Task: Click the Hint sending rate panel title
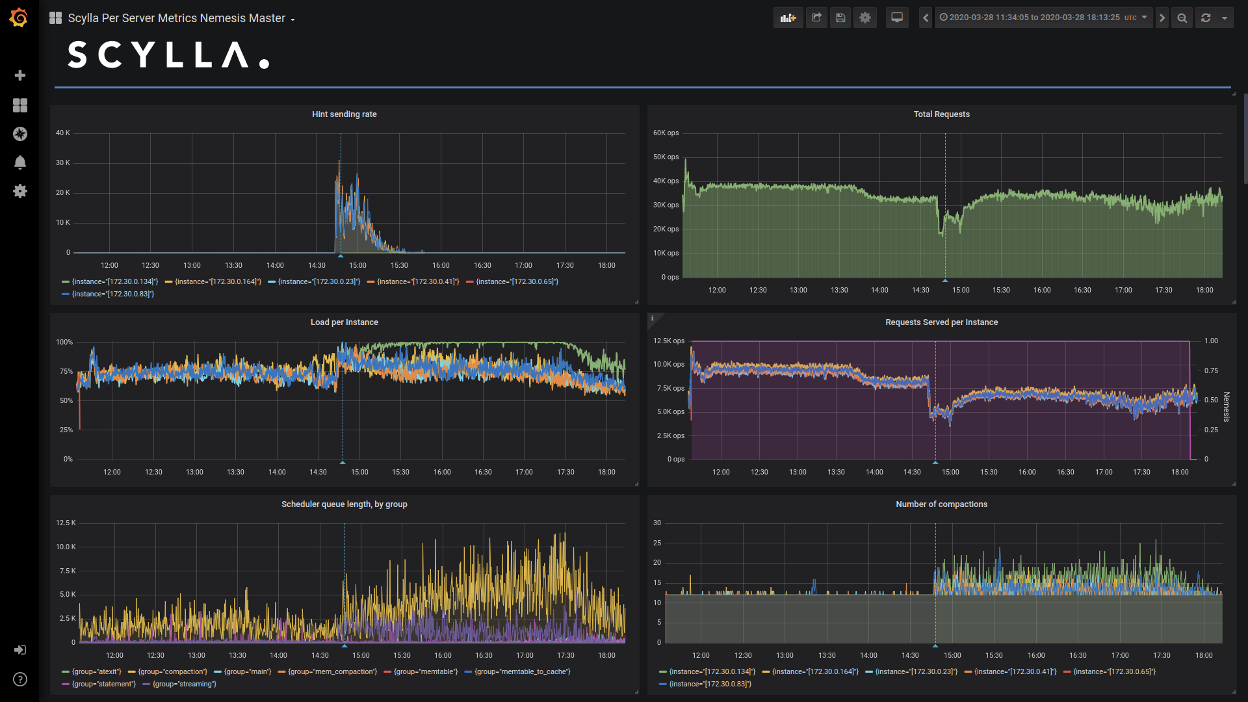coord(344,114)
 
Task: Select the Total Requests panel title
coord(941,114)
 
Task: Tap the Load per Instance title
coord(344,322)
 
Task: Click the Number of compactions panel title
coord(941,504)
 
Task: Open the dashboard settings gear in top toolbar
coord(865,18)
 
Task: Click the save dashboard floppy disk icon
coord(840,18)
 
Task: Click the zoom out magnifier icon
coord(1182,18)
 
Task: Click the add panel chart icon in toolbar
coord(788,18)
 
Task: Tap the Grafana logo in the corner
coord(19,18)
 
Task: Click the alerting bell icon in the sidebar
coord(20,162)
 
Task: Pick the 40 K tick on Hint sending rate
coord(63,133)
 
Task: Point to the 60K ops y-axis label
coord(666,133)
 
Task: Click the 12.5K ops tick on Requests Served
coord(669,341)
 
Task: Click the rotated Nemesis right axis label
coord(1226,407)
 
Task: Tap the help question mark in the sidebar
coord(20,679)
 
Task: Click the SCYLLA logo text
coord(168,55)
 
